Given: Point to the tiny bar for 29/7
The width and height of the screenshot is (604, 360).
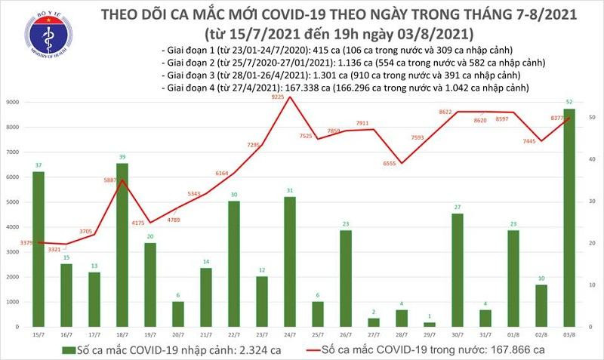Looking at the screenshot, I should [430, 325].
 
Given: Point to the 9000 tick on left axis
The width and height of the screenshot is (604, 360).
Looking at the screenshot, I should [14, 102].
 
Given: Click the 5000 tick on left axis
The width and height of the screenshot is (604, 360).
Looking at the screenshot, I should [14, 202].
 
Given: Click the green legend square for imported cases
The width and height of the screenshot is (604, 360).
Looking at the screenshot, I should [69, 349].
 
